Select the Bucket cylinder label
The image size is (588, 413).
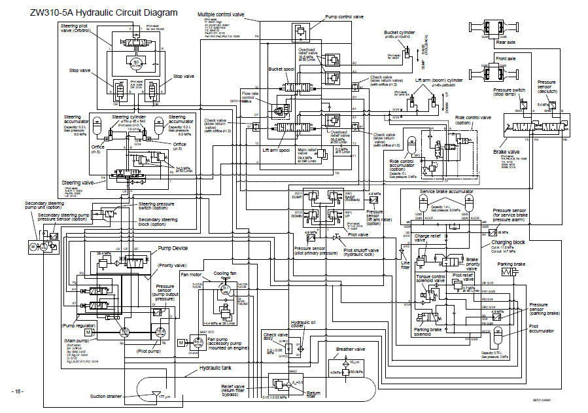click(x=400, y=31)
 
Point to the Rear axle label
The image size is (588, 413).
click(x=506, y=42)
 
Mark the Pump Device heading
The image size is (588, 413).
click(x=173, y=249)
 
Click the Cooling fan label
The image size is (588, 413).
click(x=226, y=274)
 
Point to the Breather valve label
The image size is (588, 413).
click(x=350, y=350)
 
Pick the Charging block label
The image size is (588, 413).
click(x=508, y=242)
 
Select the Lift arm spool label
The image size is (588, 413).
click(x=276, y=150)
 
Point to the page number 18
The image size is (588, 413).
click(x=17, y=391)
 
